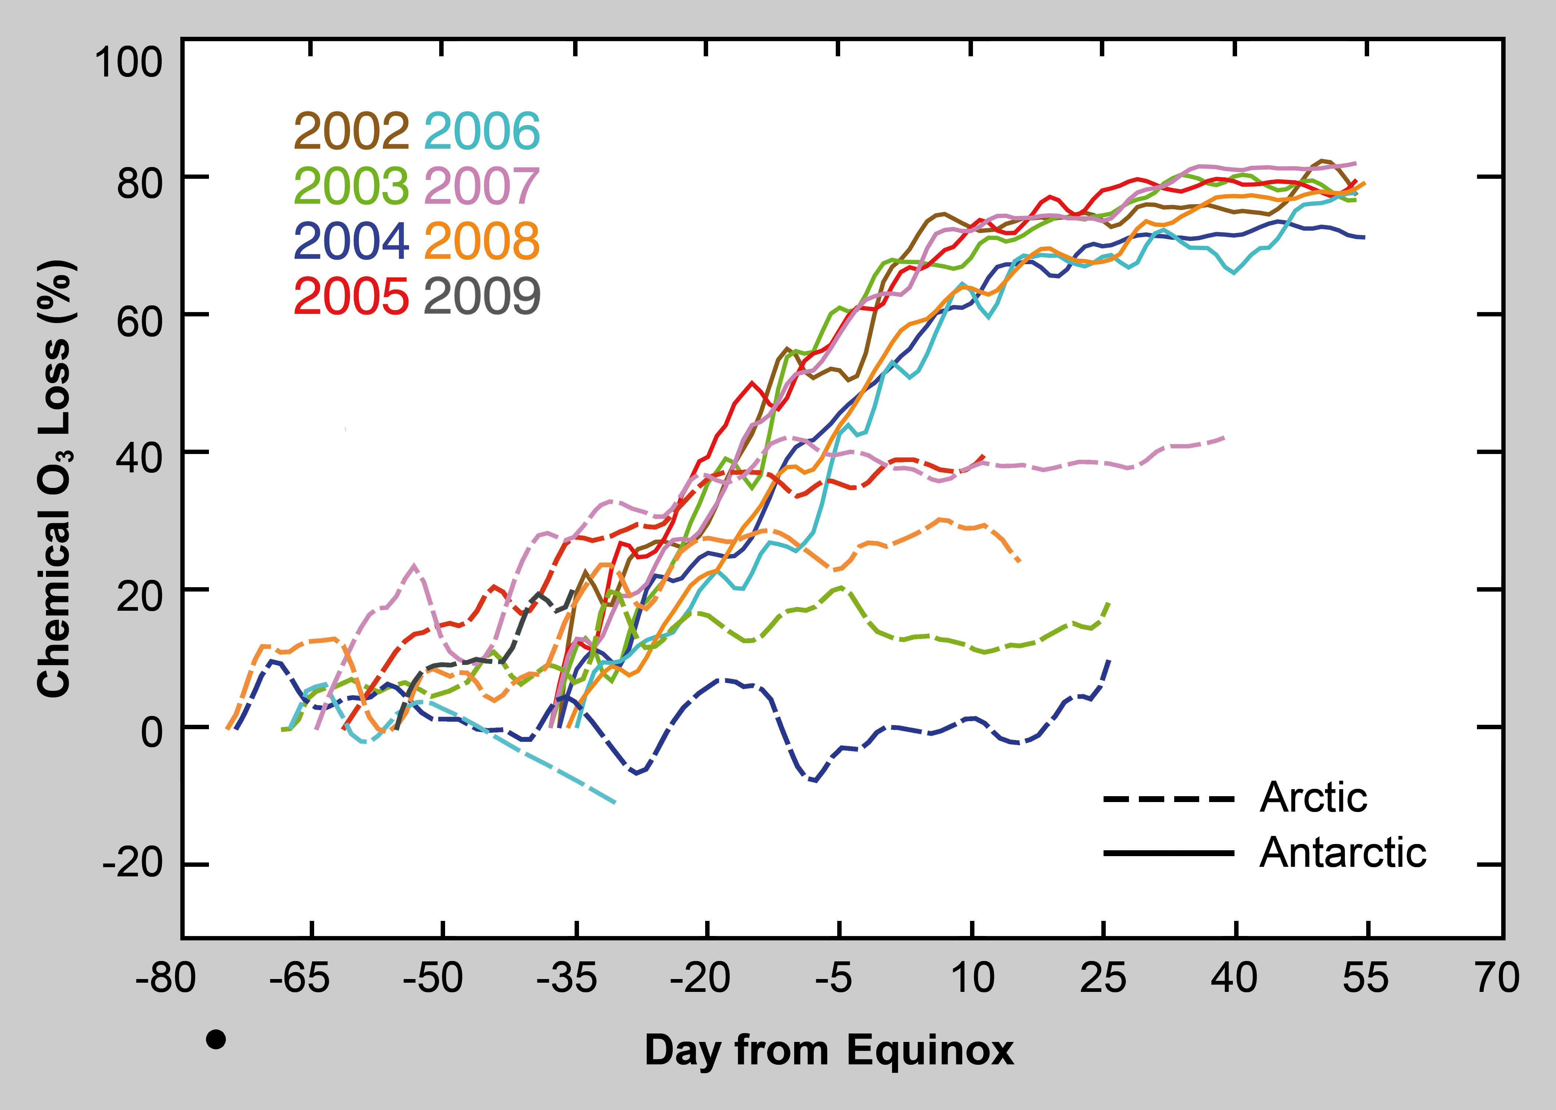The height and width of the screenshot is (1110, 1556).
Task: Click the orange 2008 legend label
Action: [482, 241]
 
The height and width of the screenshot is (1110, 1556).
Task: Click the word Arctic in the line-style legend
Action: [1313, 798]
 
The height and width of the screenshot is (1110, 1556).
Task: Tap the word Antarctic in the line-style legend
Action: [1343, 853]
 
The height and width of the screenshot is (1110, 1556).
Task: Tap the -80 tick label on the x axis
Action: [166, 978]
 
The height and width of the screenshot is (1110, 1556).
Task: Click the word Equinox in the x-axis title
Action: [930, 1050]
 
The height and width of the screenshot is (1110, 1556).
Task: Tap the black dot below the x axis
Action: [216, 1040]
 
